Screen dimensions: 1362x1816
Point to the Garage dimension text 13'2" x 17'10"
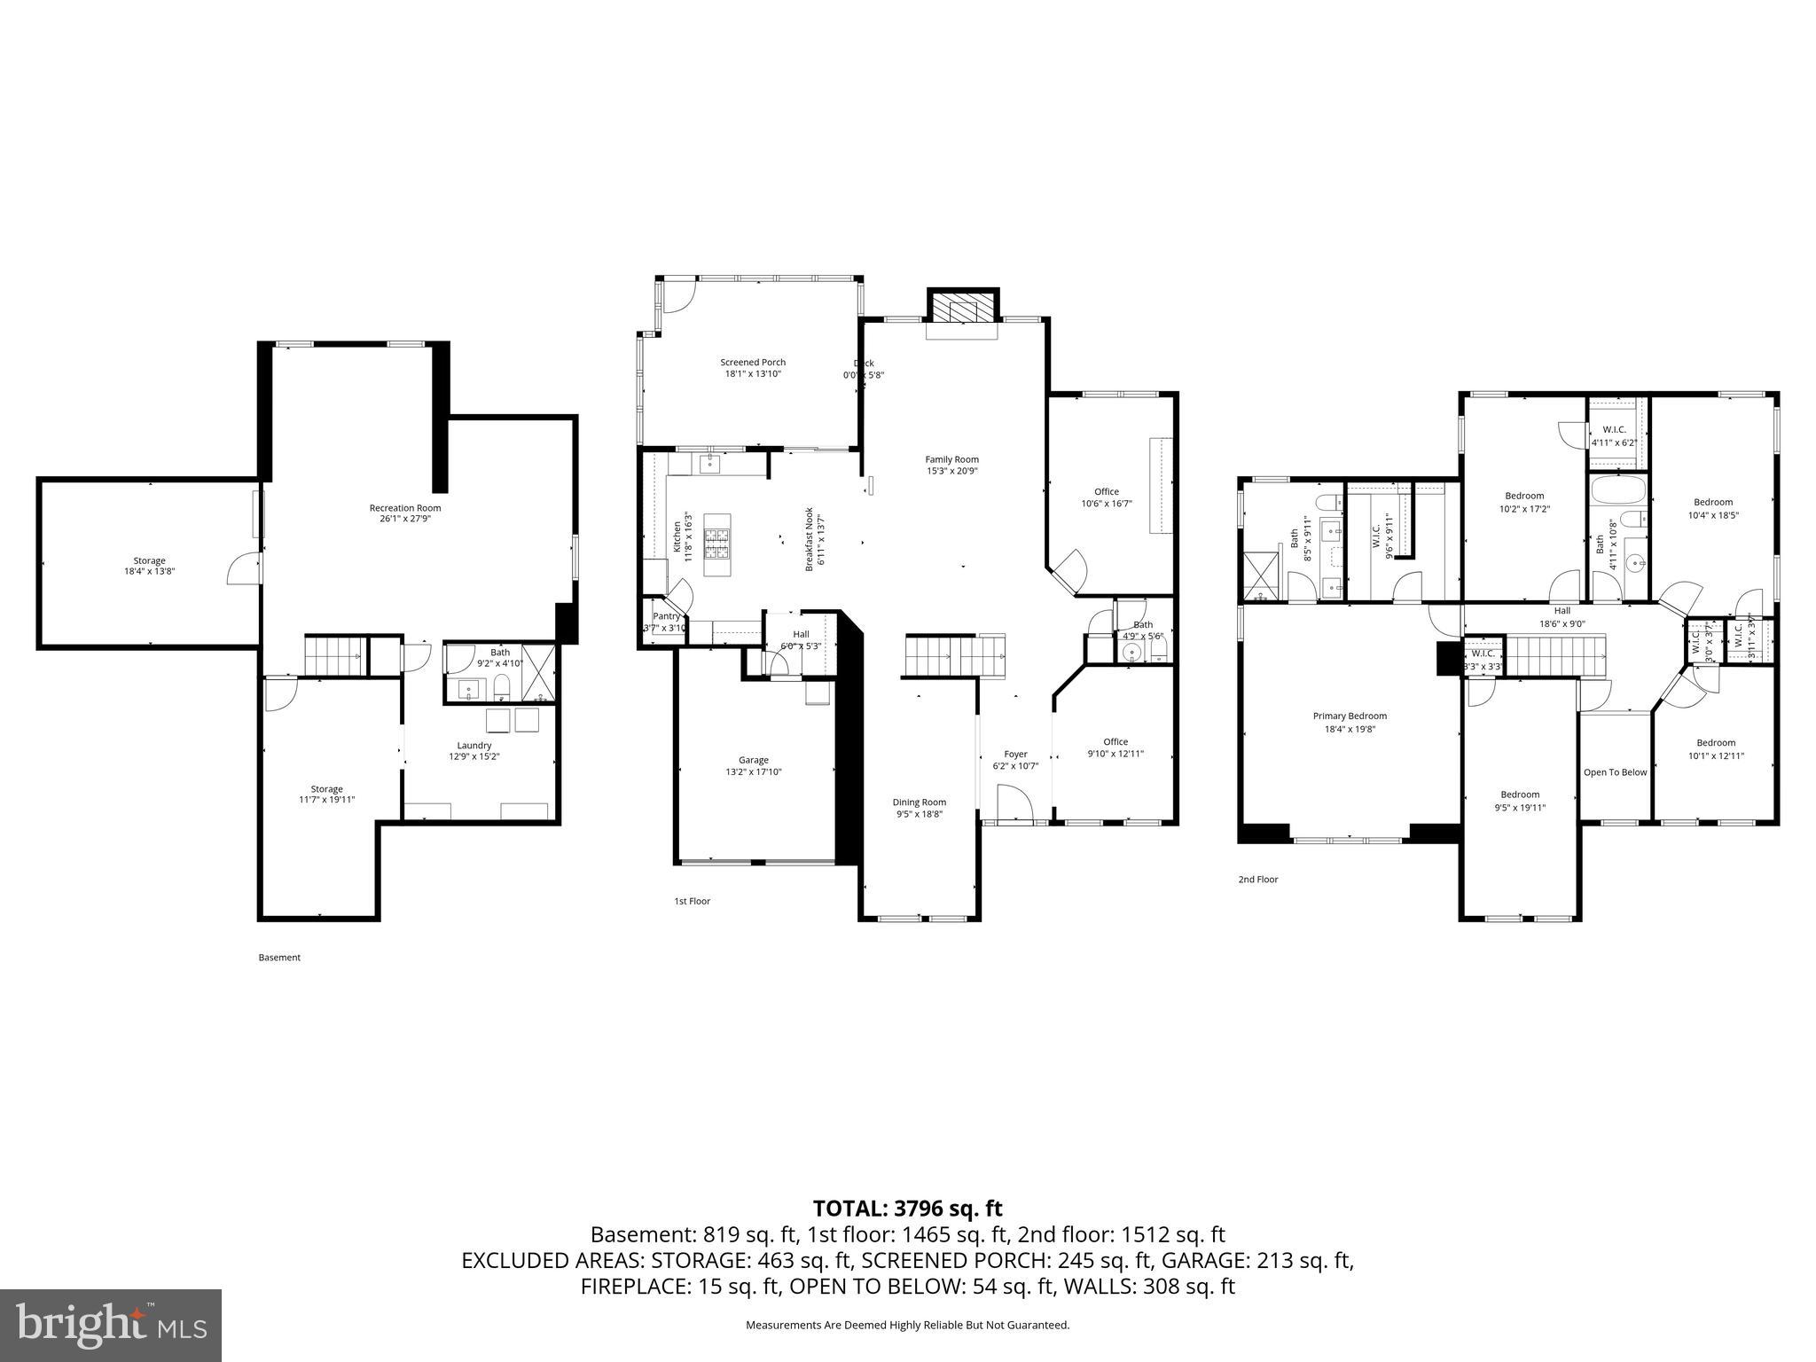click(754, 772)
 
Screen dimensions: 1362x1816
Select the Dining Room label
click(919, 802)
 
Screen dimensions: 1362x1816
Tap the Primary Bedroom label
click(1350, 716)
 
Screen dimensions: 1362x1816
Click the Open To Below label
click(1615, 772)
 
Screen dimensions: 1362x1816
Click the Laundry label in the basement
click(474, 745)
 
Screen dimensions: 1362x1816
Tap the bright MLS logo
click(111, 1325)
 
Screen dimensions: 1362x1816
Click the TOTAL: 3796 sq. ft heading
click(907, 1208)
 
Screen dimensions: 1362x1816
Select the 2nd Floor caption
click(1258, 880)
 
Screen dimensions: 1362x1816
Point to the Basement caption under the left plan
click(279, 958)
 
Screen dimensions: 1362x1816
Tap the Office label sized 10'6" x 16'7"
click(1106, 491)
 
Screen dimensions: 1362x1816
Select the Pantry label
click(666, 616)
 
